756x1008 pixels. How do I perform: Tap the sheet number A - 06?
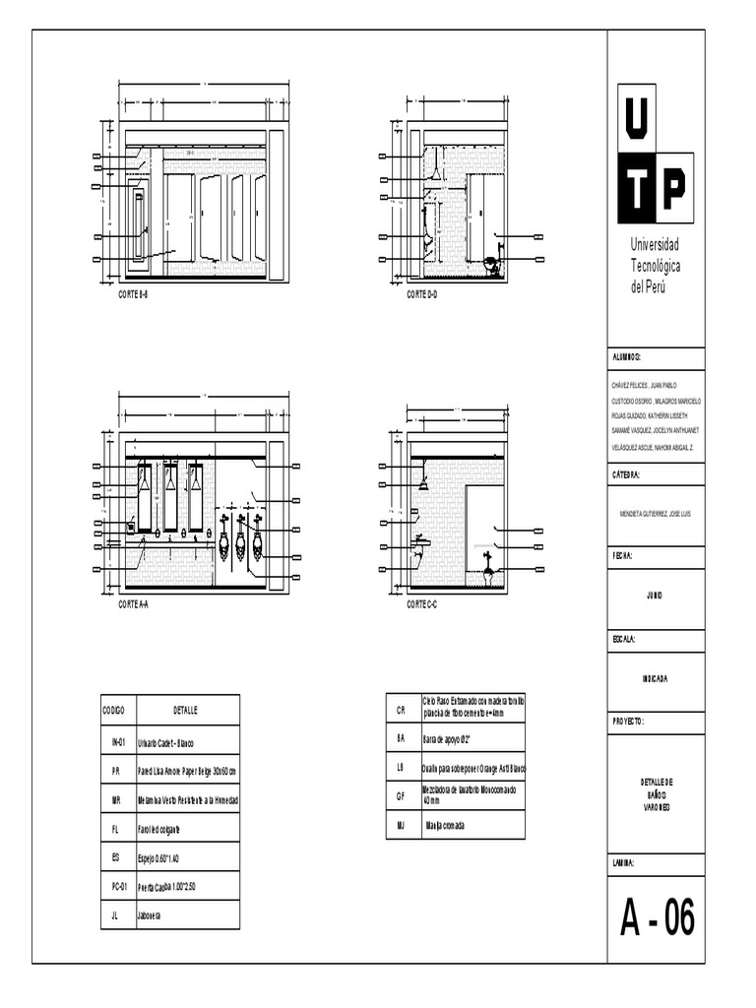657,920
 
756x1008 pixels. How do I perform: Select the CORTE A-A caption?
133,605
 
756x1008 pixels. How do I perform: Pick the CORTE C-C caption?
422,605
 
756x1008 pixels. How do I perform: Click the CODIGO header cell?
113,710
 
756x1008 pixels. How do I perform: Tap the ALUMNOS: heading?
627,356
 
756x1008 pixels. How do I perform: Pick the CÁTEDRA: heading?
627,474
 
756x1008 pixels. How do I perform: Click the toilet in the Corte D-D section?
490,266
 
